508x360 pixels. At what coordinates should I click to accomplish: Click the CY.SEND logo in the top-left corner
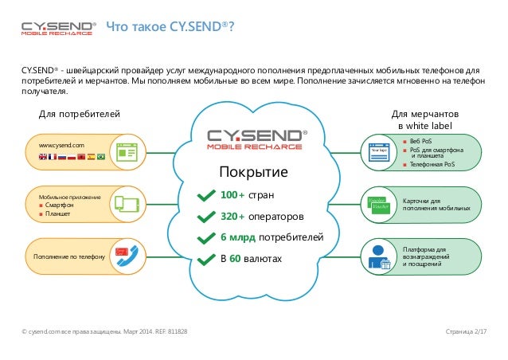[58, 28]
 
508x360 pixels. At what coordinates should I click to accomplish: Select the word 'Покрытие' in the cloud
[254, 173]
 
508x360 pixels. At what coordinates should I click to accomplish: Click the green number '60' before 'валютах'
[235, 257]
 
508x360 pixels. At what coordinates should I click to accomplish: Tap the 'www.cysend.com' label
[57, 145]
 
